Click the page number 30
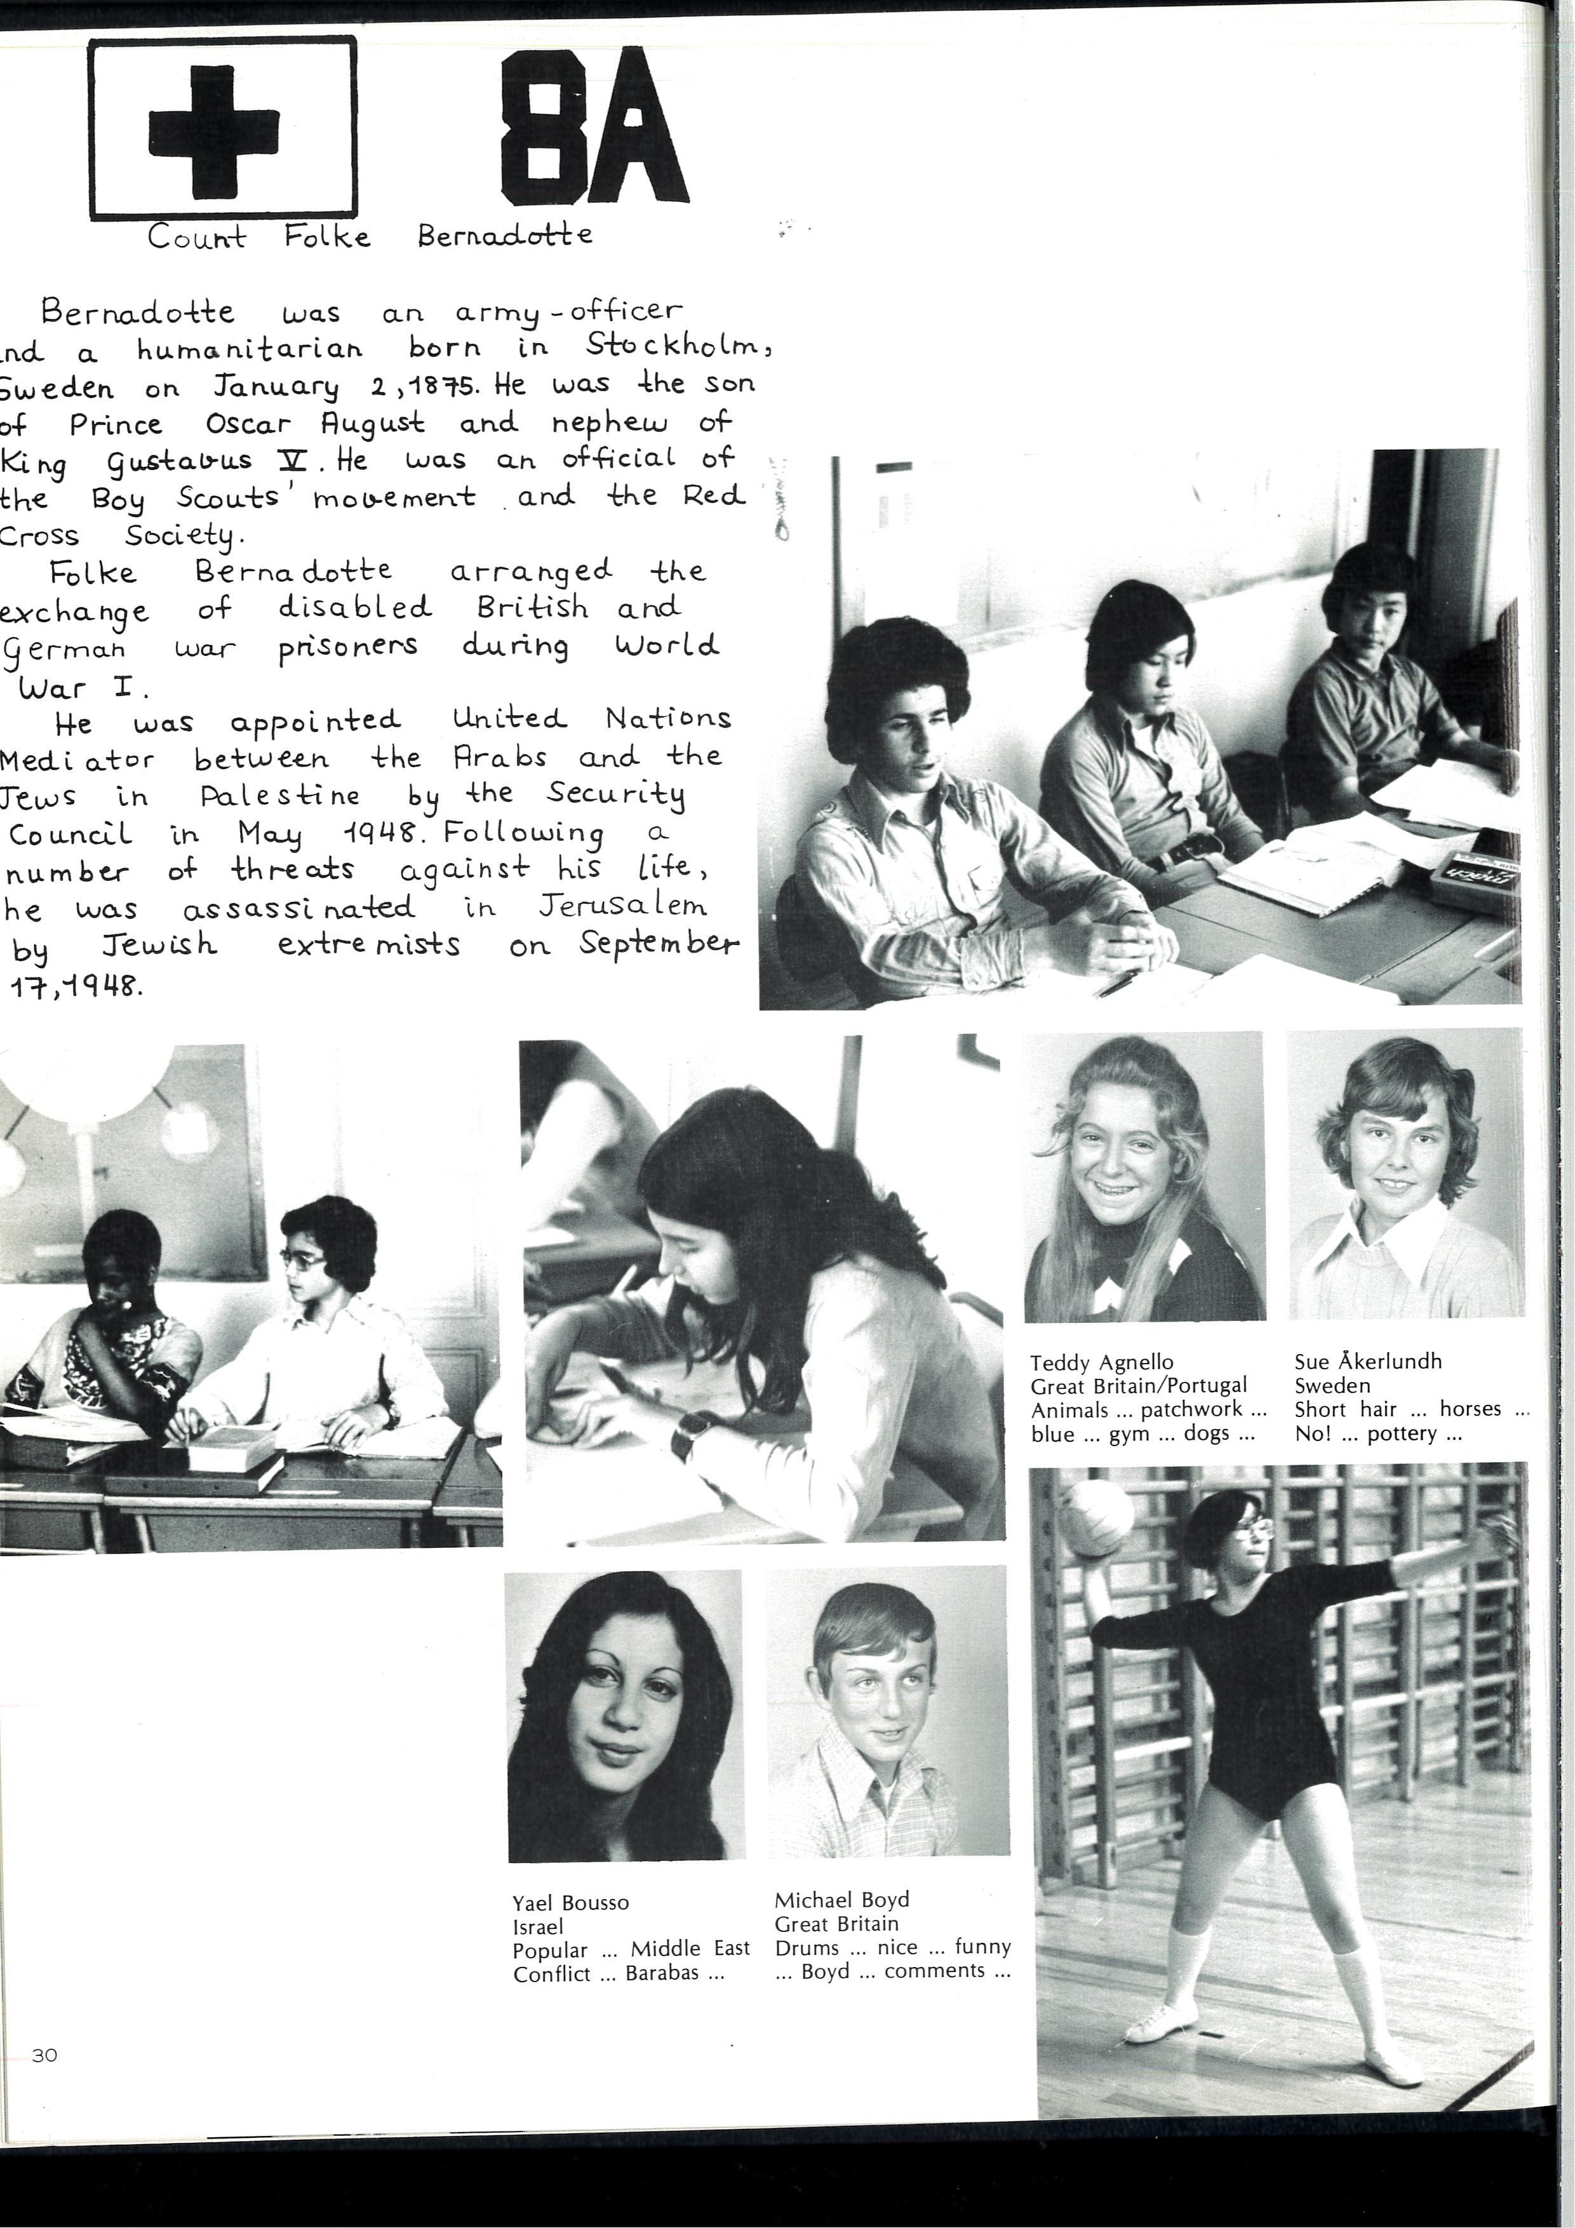(44, 2055)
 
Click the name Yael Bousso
(570, 1903)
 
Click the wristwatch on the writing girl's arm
(692, 1436)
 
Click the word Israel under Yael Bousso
(538, 1927)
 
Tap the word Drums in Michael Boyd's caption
(807, 1947)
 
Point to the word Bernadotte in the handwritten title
(505, 236)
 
